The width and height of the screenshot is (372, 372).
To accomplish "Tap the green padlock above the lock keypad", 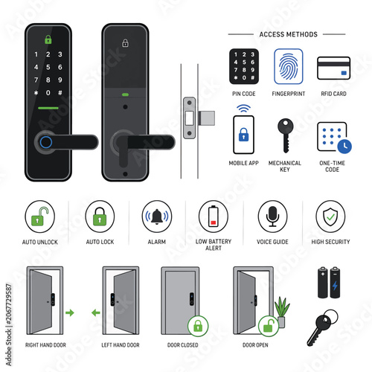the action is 48,39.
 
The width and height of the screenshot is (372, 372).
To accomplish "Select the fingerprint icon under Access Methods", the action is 289,66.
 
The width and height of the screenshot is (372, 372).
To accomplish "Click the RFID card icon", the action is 333,68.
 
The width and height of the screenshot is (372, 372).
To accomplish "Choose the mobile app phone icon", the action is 243,135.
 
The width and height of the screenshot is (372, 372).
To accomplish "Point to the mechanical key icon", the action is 286,135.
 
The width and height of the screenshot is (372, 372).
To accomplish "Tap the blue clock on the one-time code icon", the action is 344,147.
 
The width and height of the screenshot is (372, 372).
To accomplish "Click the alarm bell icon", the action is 157,217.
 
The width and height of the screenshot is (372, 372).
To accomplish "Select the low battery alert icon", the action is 214,216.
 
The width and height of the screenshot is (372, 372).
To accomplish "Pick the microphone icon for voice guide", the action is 272,216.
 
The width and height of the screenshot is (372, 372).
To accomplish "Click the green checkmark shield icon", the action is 330,217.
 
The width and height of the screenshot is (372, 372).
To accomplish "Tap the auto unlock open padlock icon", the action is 39,217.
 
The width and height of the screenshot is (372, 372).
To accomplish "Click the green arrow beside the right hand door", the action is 70,312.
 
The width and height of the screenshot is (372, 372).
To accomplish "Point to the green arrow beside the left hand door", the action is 96,312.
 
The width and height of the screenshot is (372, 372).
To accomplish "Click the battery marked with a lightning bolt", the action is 335,283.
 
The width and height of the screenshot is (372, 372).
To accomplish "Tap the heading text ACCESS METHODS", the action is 288,34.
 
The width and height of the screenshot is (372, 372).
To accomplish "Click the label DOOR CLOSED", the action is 183,345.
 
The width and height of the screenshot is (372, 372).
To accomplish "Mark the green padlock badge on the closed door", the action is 198,326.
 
